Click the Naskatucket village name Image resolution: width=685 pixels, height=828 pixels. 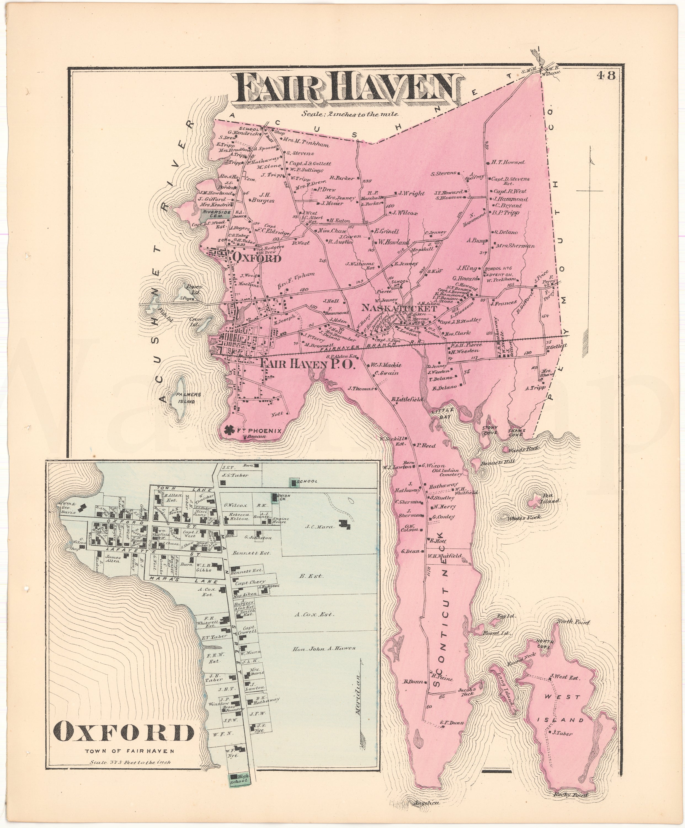click(398, 308)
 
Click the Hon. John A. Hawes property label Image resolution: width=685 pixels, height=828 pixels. click(324, 648)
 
